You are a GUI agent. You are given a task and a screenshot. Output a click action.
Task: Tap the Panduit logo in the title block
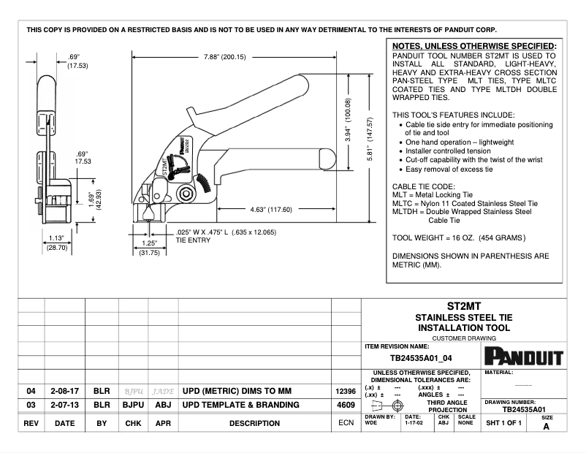(523, 357)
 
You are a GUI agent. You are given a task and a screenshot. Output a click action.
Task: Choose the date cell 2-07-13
(64, 405)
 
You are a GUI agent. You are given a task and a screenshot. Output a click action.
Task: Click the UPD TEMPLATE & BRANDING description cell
(240, 405)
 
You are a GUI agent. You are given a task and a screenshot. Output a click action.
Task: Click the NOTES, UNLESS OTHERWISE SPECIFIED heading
(474, 46)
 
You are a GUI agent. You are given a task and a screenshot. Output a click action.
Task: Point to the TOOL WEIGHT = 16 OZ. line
(458, 237)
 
